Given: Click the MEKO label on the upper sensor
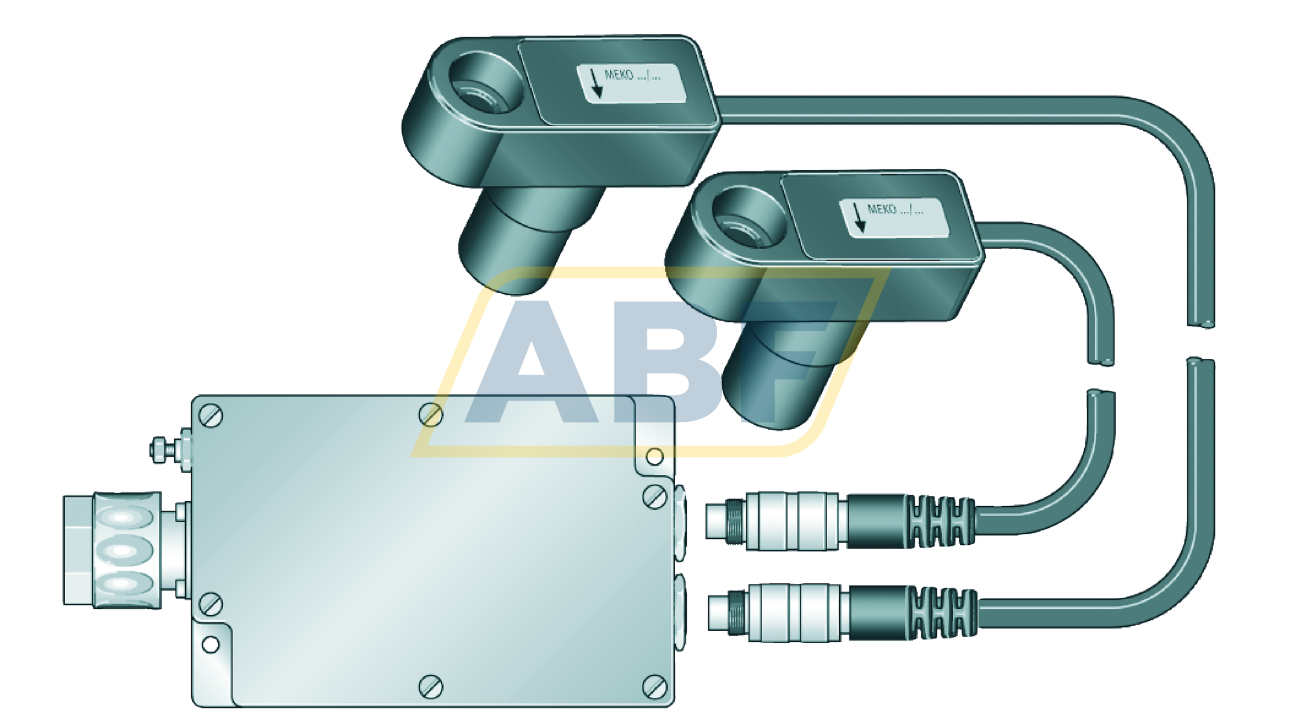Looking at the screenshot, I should click(x=631, y=83).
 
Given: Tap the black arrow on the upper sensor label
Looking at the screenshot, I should click(x=596, y=83).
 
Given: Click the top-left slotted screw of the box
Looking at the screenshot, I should click(x=211, y=416).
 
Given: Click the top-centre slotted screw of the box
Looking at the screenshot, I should click(x=430, y=414).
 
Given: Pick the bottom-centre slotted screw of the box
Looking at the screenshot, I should click(x=430, y=687).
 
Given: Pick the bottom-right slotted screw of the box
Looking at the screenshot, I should click(x=655, y=687).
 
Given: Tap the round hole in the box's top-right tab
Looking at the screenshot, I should click(x=655, y=456).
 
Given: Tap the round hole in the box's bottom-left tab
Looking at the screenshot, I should click(x=211, y=644).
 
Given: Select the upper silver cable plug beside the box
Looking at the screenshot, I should click(x=790, y=521).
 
